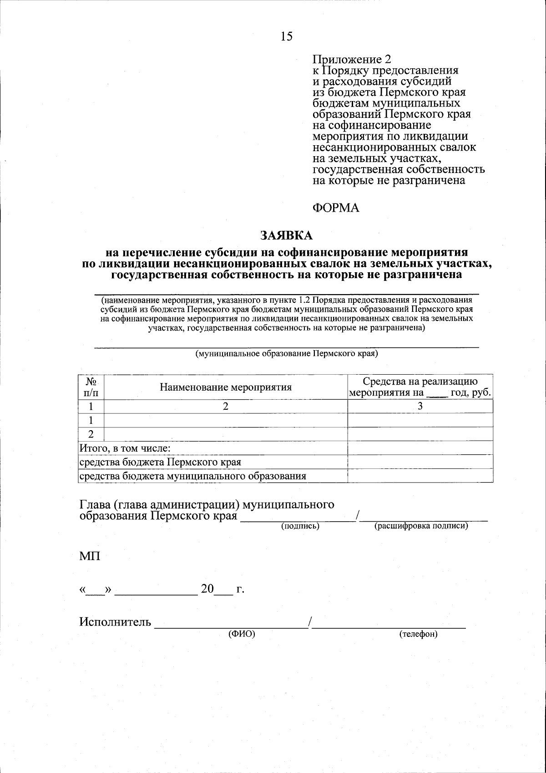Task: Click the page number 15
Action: tap(287, 36)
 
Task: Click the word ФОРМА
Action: tap(336, 208)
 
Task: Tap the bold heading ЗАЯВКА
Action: tap(287, 235)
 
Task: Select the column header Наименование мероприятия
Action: tap(225, 387)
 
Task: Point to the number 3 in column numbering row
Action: tap(420, 406)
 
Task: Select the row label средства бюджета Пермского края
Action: tap(160, 462)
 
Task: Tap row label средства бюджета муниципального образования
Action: tap(192, 476)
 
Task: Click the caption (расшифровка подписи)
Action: tap(421, 526)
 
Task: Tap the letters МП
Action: tap(90, 556)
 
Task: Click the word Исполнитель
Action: tap(115, 622)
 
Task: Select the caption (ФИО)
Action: tap(242, 634)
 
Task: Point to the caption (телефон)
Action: tap(418, 634)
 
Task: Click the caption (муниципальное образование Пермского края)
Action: tap(287, 353)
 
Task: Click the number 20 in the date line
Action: tap(207, 589)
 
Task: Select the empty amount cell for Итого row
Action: tap(420, 448)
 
